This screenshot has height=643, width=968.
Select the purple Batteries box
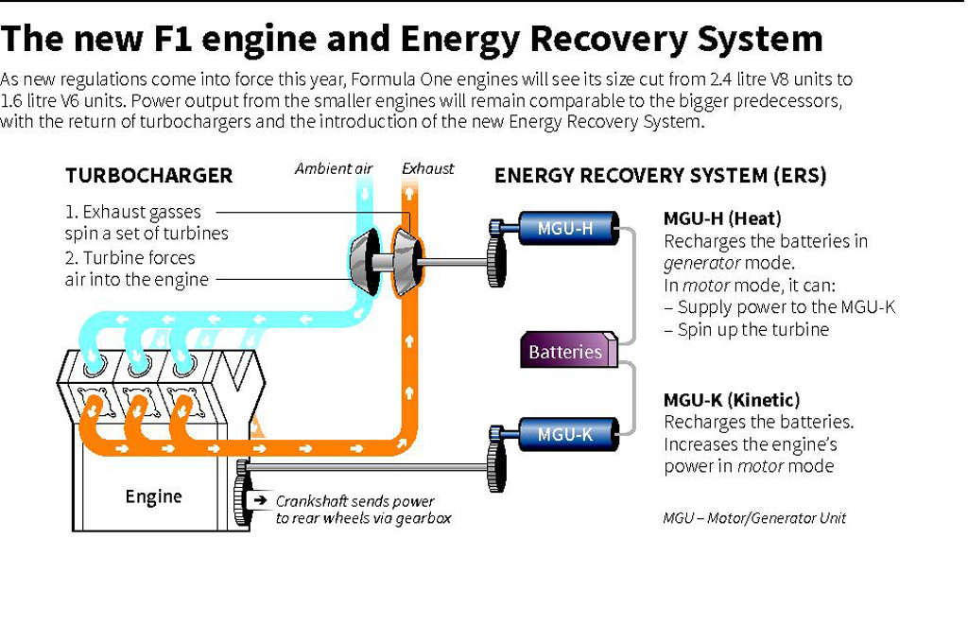[566, 352]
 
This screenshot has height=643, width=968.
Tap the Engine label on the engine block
[153, 496]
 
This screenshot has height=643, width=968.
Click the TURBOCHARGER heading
[148, 176]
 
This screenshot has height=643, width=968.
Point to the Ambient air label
[334, 169]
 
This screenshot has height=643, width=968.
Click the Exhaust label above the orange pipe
[428, 169]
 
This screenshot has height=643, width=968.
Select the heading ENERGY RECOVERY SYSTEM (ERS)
[660, 176]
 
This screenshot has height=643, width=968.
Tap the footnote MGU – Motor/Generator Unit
[753, 518]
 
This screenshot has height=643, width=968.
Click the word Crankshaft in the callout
[317, 501]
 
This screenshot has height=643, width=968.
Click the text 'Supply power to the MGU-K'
[786, 307]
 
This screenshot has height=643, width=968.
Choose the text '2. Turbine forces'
[130, 258]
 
